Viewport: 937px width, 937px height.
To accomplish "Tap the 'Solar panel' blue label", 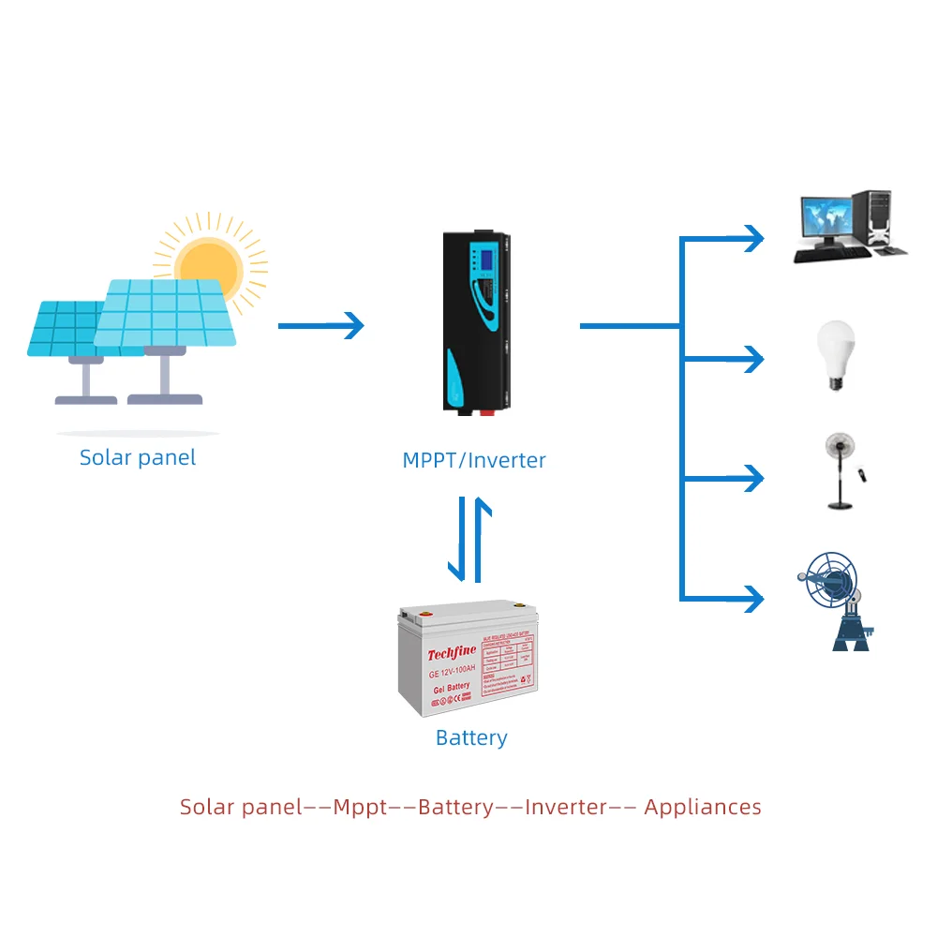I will coord(138,457).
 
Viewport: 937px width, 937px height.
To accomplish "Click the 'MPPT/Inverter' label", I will coord(473,460).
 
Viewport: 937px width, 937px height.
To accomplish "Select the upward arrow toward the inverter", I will coord(482,539).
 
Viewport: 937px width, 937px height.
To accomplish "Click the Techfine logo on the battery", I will coord(453,654).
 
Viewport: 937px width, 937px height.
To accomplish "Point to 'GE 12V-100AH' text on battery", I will coord(452,671).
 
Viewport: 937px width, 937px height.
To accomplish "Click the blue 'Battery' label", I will coord(471,738).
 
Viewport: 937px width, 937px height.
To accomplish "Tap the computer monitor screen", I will coord(825,218).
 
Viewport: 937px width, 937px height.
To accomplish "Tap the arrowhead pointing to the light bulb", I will coord(755,357).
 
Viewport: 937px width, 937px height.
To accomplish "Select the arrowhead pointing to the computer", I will coord(755,238).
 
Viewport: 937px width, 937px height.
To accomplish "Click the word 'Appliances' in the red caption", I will coord(703,807).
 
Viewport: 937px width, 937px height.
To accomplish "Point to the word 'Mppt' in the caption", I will coord(361,807).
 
